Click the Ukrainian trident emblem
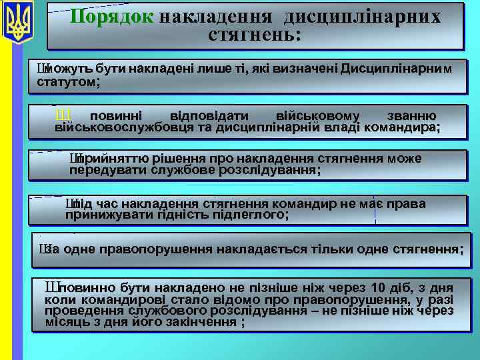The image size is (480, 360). tap(19, 23)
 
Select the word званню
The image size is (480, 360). tap(413, 115)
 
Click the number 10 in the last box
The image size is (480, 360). tap(377, 288)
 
